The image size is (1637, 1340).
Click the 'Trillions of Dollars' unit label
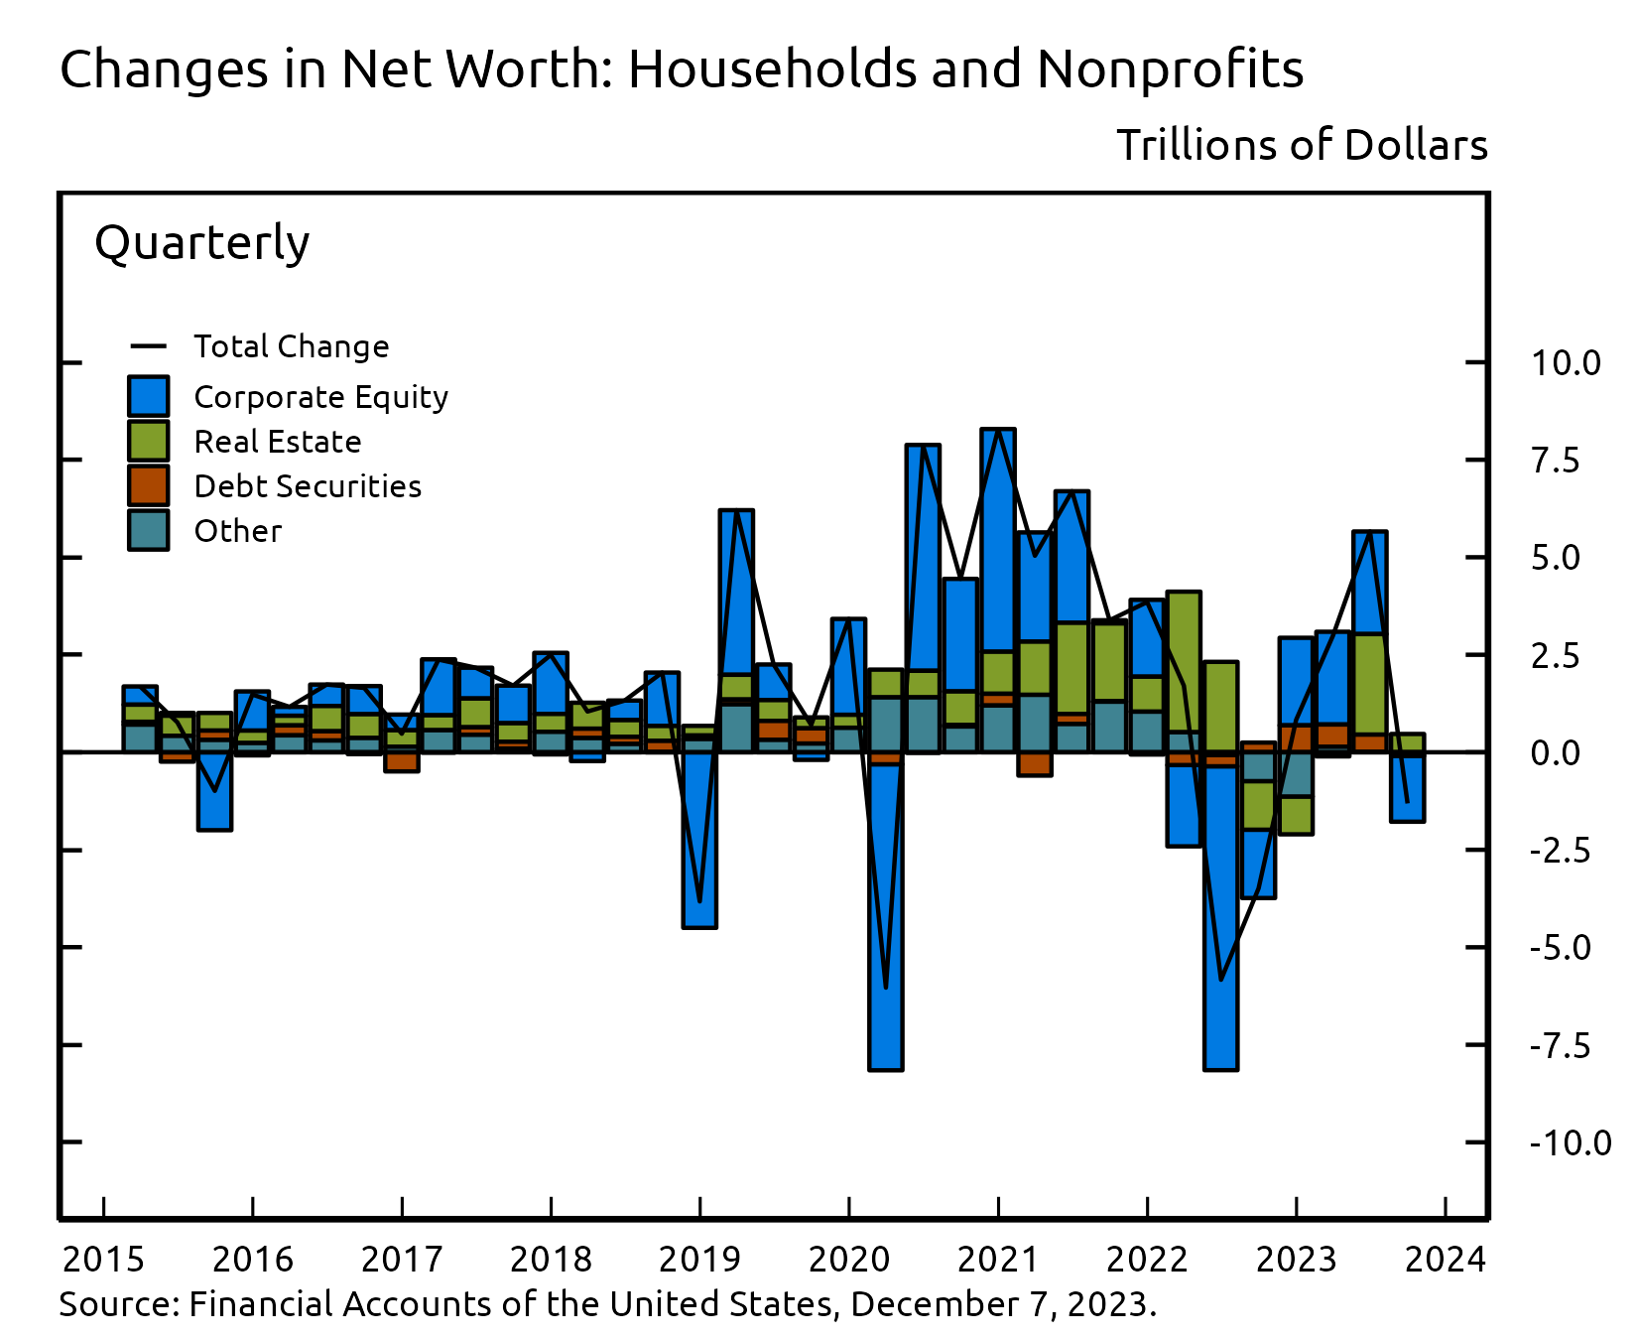pos(1302,145)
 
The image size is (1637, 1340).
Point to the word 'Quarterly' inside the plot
pos(202,242)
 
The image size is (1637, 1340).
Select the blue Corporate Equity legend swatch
pos(148,396)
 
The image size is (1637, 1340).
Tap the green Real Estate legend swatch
pos(148,441)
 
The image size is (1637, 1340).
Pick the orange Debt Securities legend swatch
pos(148,485)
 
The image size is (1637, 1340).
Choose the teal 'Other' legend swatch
pos(148,530)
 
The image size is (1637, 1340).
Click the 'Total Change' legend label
pos(292,346)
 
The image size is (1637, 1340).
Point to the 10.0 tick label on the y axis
pos(1565,363)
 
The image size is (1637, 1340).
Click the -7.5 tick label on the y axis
pos(1560,1045)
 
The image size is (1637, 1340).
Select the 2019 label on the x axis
pos(699,1260)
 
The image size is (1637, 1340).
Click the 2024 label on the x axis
pos(1446,1260)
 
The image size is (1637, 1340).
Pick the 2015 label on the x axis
pos(103,1260)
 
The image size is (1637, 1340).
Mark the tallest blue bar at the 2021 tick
pos(998,541)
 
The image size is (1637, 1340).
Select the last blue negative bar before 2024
pos(1407,789)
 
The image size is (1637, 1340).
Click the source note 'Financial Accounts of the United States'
pos(511,1303)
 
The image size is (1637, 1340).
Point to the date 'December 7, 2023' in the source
pos(1002,1303)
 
